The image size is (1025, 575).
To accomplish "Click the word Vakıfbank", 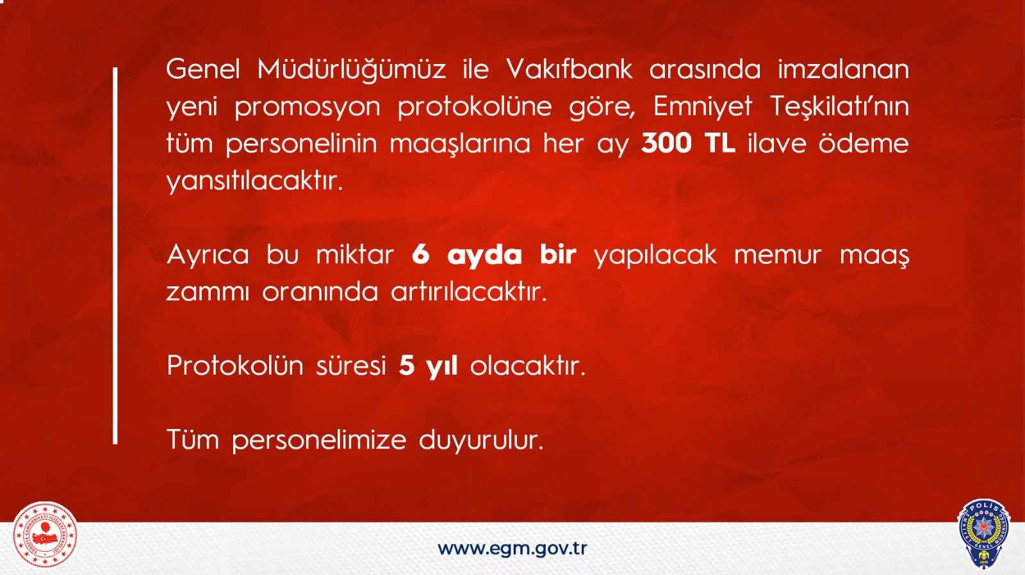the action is [570, 70].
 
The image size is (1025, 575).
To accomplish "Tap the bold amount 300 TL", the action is [688, 143].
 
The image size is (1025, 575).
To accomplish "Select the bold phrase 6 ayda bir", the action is [494, 255].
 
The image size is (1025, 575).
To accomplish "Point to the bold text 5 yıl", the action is [428, 366].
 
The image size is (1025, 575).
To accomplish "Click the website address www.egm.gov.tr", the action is [512, 549].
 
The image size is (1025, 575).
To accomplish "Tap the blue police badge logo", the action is [983, 534].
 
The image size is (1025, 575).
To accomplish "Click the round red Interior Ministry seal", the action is [45, 534].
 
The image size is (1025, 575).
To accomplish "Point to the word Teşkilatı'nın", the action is [840, 107].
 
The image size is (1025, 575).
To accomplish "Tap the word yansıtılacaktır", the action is [254, 181].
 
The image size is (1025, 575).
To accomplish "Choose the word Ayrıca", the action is [208, 255].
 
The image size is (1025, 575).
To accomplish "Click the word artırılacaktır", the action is [469, 291].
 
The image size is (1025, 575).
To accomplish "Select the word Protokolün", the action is [235, 366].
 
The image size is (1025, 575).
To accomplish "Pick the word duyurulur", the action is [481, 440].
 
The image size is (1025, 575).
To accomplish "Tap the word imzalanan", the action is [843, 70].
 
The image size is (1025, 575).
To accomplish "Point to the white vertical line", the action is [115, 255].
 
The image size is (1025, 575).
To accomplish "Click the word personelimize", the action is [319, 440].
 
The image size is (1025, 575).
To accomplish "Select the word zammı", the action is [208, 292].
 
